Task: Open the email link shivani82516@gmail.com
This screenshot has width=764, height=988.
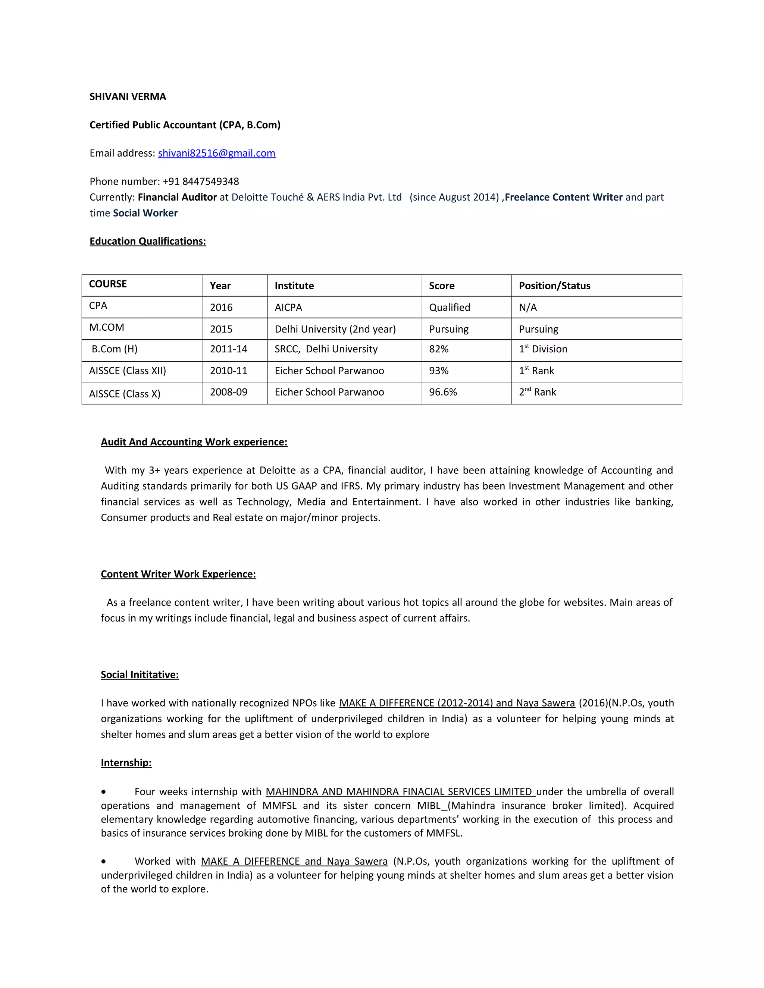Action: point(216,153)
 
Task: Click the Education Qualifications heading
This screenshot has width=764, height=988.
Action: point(148,242)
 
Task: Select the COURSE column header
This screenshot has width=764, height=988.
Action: point(108,284)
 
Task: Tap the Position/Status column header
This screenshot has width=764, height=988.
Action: point(554,286)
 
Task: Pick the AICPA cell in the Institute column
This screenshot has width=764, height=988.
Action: point(288,308)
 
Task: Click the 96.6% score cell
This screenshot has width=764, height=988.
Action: point(443,392)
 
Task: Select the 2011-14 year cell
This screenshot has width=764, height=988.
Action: point(229,349)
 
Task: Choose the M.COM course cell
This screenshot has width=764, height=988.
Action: point(106,327)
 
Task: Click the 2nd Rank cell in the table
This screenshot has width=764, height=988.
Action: point(537,392)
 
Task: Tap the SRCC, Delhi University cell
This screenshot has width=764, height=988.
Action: point(326,349)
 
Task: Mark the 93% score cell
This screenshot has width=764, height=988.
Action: point(439,371)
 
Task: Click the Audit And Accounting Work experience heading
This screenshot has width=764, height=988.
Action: point(194,442)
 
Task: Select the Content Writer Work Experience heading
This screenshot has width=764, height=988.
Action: point(178,574)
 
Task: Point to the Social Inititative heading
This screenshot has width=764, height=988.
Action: point(140,674)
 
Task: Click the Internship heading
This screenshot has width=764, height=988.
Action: point(126,763)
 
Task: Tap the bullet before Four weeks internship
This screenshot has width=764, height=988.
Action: point(104,792)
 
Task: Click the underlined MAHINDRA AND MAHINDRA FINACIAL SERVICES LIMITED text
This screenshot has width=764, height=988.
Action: point(400,792)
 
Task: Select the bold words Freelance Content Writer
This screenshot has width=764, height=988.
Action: point(564,197)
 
